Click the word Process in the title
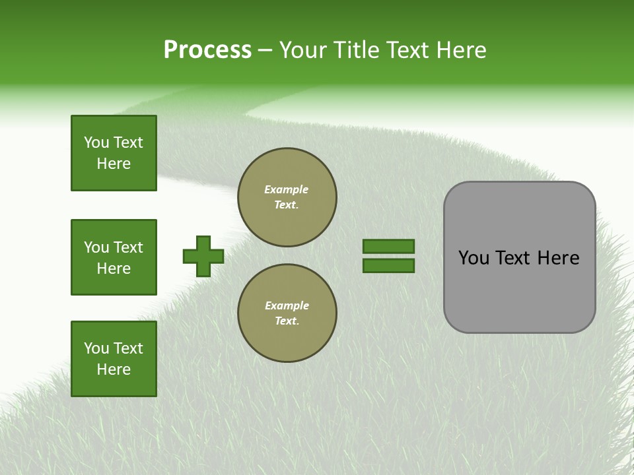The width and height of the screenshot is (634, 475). click(x=207, y=50)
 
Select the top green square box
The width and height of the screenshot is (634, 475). click(x=114, y=153)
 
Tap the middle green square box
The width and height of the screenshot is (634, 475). click(x=114, y=257)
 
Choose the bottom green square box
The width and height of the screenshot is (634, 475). click(x=114, y=359)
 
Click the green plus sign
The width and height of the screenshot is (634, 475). click(x=203, y=256)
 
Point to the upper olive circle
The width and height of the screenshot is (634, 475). click(x=287, y=197)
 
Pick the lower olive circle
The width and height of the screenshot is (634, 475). click(x=287, y=313)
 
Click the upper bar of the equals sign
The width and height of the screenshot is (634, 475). click(x=388, y=246)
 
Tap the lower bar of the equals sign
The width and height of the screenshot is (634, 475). click(x=388, y=266)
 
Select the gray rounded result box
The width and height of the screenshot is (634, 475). click(x=519, y=257)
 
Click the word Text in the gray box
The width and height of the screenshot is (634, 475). click(x=513, y=258)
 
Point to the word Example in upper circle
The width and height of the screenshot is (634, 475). click(x=286, y=189)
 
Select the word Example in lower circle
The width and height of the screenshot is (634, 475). click(x=287, y=305)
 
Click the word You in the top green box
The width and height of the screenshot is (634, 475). click(x=96, y=142)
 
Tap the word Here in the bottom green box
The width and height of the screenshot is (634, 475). click(x=114, y=369)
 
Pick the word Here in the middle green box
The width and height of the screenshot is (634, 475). click(x=114, y=269)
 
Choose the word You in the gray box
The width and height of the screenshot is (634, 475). click(x=474, y=258)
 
